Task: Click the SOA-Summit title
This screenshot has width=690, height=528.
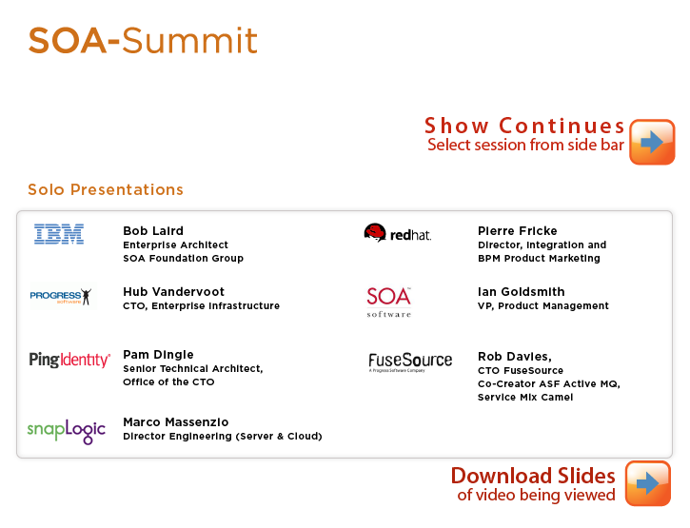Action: (143, 41)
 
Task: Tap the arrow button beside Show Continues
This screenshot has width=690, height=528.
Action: (652, 142)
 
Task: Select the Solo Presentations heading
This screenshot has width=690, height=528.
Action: (106, 189)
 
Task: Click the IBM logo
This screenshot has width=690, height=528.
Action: (59, 234)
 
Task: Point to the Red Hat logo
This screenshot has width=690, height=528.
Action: (398, 233)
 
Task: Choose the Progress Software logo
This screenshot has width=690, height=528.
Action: (61, 296)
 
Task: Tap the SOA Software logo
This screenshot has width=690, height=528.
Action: (389, 302)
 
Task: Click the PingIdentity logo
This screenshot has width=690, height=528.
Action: (69, 360)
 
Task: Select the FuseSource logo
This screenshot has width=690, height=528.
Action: (410, 362)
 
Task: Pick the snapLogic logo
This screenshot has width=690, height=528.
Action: (67, 431)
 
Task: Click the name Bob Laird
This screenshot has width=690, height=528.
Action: (153, 230)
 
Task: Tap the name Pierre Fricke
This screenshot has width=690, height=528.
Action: (518, 230)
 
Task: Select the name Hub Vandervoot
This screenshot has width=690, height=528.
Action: (174, 292)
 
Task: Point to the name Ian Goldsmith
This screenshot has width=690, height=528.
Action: (521, 292)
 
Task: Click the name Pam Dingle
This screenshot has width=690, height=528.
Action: (158, 355)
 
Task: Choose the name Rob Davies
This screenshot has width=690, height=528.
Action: (515, 357)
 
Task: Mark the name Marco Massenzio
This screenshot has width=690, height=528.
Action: (176, 422)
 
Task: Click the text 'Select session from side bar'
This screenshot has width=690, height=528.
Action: (526, 145)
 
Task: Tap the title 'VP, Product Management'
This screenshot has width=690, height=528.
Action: (543, 305)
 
